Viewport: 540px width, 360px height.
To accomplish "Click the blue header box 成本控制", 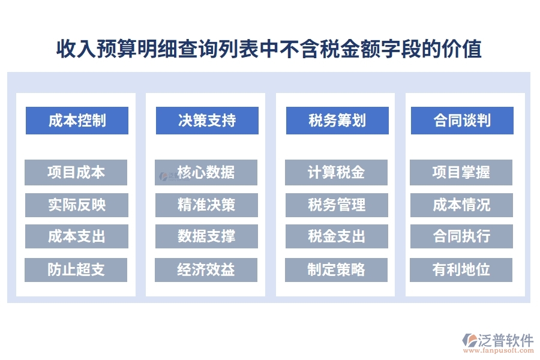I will [x=77, y=121].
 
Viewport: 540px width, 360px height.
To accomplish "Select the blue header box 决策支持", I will [x=207, y=121].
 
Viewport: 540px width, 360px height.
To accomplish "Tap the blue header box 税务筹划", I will [x=337, y=121].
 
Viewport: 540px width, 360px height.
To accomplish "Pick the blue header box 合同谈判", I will [x=462, y=121].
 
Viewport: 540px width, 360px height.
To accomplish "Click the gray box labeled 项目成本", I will [x=76, y=173].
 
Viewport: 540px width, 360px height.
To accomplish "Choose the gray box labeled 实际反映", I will [x=76, y=205].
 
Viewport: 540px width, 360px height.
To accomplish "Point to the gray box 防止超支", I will [x=76, y=269].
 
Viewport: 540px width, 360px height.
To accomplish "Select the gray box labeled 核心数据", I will [x=206, y=173].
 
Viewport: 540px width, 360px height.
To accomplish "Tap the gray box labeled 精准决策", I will [x=206, y=205].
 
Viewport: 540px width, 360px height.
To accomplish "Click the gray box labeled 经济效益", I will [x=206, y=269].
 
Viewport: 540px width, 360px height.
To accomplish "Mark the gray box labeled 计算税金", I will [x=336, y=173].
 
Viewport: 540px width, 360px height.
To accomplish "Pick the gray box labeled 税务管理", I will [x=336, y=205].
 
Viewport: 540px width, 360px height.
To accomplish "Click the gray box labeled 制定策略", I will [x=336, y=269].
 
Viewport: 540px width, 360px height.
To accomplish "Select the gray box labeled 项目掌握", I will [x=461, y=173].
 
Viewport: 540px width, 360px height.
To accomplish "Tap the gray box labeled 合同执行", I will [x=461, y=236].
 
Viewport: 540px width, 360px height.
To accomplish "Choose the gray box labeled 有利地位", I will [x=461, y=269].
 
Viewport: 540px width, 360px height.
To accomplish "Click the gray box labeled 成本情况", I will [x=461, y=205].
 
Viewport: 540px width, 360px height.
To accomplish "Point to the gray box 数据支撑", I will [x=206, y=236].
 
